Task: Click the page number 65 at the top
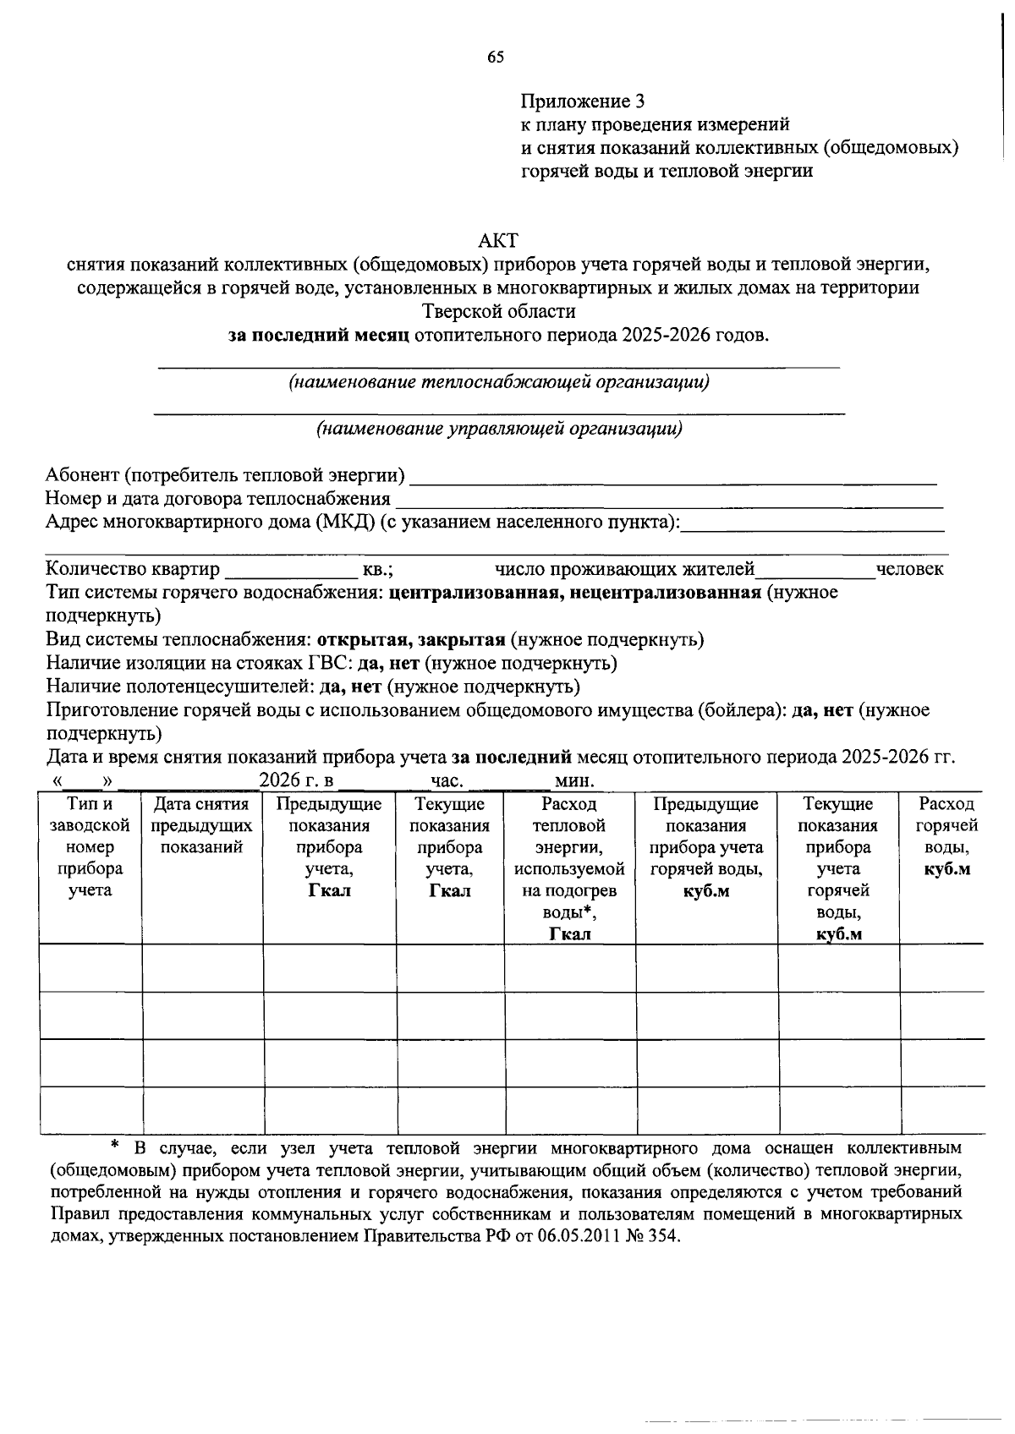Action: [496, 57]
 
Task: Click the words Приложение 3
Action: [582, 102]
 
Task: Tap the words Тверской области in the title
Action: [498, 311]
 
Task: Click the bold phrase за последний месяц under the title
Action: [319, 335]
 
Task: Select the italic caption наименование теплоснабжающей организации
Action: [499, 382]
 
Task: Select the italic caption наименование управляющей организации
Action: [499, 429]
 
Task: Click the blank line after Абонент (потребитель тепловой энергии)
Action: [672, 478]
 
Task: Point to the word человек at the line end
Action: [909, 569]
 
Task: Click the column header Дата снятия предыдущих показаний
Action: [201, 826]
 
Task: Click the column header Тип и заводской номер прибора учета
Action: [90, 846]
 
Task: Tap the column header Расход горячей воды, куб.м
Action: [946, 836]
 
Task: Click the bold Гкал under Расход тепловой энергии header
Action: [569, 933]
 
